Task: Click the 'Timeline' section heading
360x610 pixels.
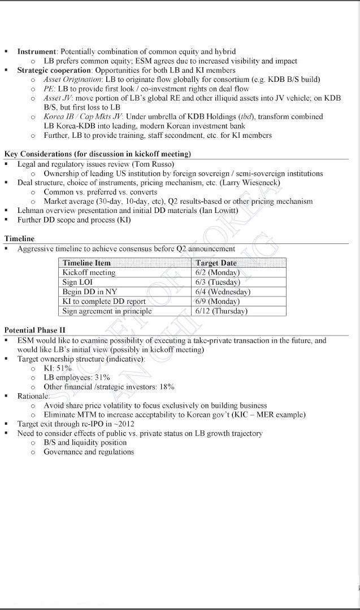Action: pos(19,239)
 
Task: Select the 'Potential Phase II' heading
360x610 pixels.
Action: pos(34,330)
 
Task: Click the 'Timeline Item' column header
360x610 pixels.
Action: pos(86,263)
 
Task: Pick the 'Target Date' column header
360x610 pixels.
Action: pos(216,263)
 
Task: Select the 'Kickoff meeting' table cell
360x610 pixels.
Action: pos(89,272)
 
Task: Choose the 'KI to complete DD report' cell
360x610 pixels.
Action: pos(104,301)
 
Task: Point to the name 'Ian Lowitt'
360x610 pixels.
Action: pos(219,210)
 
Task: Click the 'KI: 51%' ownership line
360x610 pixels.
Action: pos(58,368)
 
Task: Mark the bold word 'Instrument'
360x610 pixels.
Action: pos(37,51)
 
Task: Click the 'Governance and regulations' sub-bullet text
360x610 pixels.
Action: pos(89,452)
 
